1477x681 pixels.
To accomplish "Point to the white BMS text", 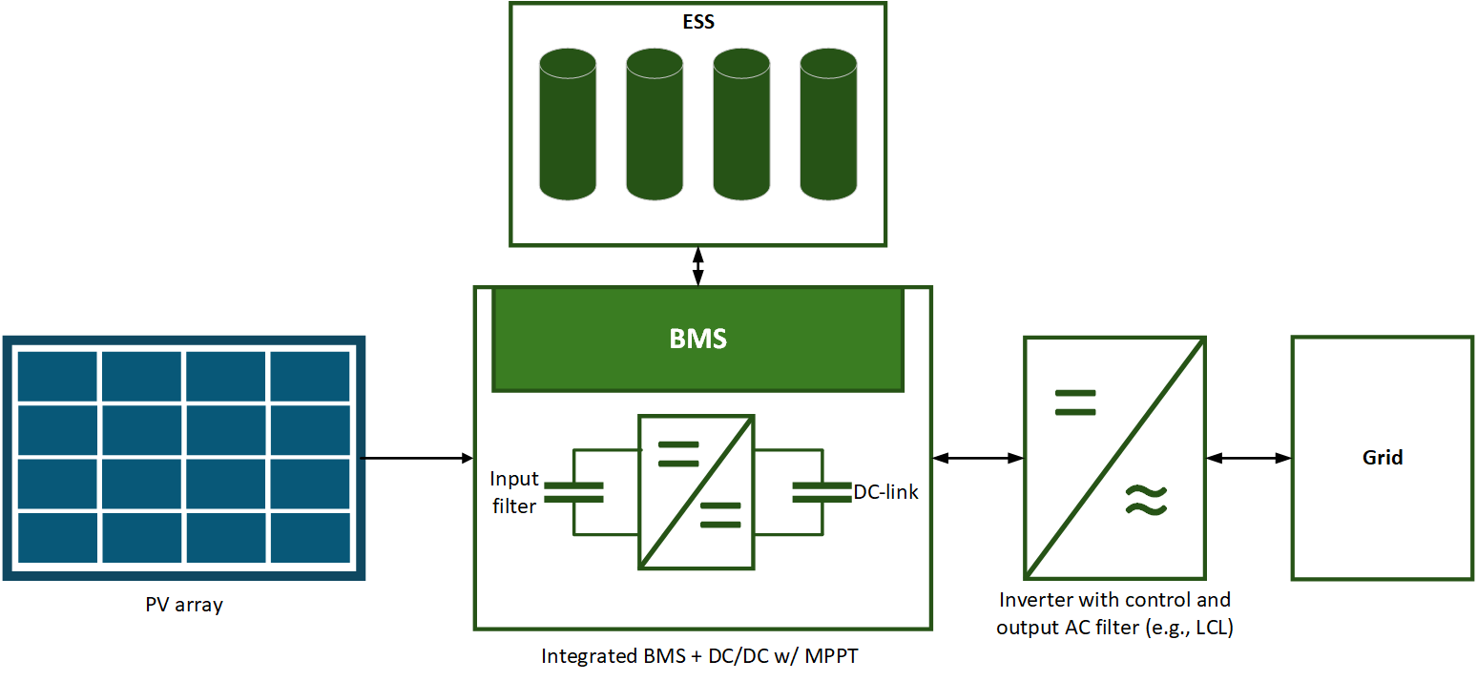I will (x=697, y=339).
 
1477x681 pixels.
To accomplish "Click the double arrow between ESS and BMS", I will (x=697, y=266).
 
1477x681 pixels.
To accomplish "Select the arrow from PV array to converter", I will (x=420, y=458).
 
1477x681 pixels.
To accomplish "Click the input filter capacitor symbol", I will (x=573, y=492).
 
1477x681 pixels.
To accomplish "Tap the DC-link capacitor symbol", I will (x=822, y=492).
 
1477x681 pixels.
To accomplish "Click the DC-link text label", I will (x=886, y=492).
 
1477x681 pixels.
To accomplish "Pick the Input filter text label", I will (x=514, y=492).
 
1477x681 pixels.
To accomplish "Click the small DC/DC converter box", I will (x=697, y=492).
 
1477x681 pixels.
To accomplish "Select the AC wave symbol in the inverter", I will (x=1145, y=499).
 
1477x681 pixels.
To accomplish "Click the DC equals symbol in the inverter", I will (x=1075, y=402).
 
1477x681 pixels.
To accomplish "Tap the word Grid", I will (x=1383, y=458).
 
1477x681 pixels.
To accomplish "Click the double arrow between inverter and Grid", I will (x=1249, y=459).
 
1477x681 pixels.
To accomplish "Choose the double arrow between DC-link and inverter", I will (x=978, y=459).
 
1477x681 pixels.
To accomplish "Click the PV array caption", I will (x=184, y=605).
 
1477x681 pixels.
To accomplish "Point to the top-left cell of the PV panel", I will (x=57, y=376).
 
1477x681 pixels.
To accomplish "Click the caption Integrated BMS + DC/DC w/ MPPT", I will (x=705, y=656).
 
